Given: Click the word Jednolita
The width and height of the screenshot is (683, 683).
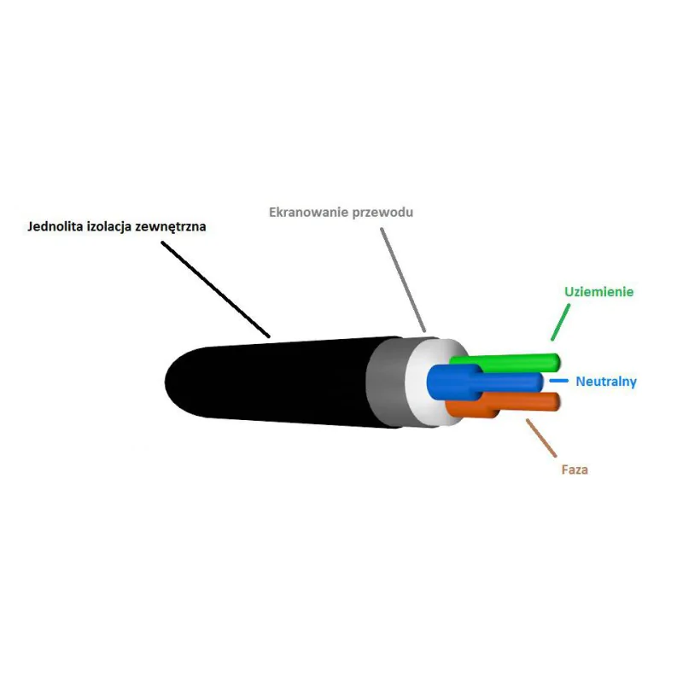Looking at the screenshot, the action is point(55,226).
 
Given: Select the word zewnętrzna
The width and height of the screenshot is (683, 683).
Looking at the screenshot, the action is point(170,227).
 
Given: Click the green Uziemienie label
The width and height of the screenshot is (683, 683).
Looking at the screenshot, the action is point(599,291).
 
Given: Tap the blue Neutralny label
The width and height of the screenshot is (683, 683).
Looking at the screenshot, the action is point(606,382).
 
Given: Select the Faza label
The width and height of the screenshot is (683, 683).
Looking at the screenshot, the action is point(575,470).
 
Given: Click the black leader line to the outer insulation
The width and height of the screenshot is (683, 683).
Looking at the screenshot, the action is point(216,289).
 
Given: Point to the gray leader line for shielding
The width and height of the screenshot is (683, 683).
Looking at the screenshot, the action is point(403,280).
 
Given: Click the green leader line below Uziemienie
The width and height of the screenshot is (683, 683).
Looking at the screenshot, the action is point(561,322).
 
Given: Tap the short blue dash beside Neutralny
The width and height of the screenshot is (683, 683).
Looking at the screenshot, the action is point(559,381).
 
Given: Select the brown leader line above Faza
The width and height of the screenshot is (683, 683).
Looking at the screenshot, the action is point(541,438).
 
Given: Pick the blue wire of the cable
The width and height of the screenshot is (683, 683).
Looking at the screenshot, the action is point(483,382).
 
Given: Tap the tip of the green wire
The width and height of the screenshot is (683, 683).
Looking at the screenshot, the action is point(558,363).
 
